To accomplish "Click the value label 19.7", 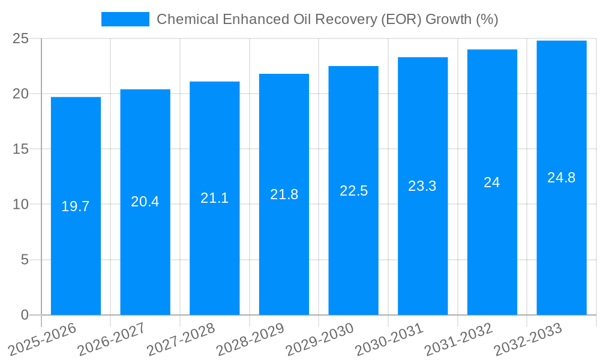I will click(x=76, y=206).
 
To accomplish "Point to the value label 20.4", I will click(x=145, y=202).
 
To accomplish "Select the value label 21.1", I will click(x=214, y=198).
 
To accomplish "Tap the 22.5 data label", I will click(x=353, y=191).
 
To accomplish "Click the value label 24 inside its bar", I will click(x=492, y=182).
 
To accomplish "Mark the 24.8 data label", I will click(x=562, y=178).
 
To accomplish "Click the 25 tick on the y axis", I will click(x=20, y=39).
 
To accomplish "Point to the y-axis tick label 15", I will click(x=20, y=149).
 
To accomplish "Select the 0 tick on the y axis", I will click(x=25, y=315).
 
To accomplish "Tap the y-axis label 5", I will click(x=25, y=260).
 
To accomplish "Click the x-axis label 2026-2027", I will click(x=112, y=340).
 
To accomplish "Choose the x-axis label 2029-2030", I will click(x=319, y=340).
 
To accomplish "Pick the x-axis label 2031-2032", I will click(x=458, y=340).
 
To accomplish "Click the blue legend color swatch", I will click(x=125, y=19).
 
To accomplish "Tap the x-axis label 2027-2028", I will click(x=181, y=340).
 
